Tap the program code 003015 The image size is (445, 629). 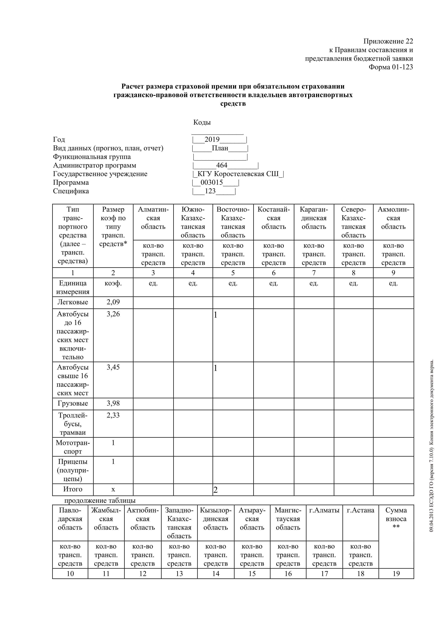click(211, 183)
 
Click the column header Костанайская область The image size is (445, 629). click(274, 218)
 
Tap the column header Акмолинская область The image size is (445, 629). click(393, 218)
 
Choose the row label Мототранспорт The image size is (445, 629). click(73, 447)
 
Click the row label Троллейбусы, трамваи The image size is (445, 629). click(73, 424)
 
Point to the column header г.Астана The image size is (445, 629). click(360, 510)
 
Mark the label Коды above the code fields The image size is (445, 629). click(202, 122)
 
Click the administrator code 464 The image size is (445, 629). click(222, 165)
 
